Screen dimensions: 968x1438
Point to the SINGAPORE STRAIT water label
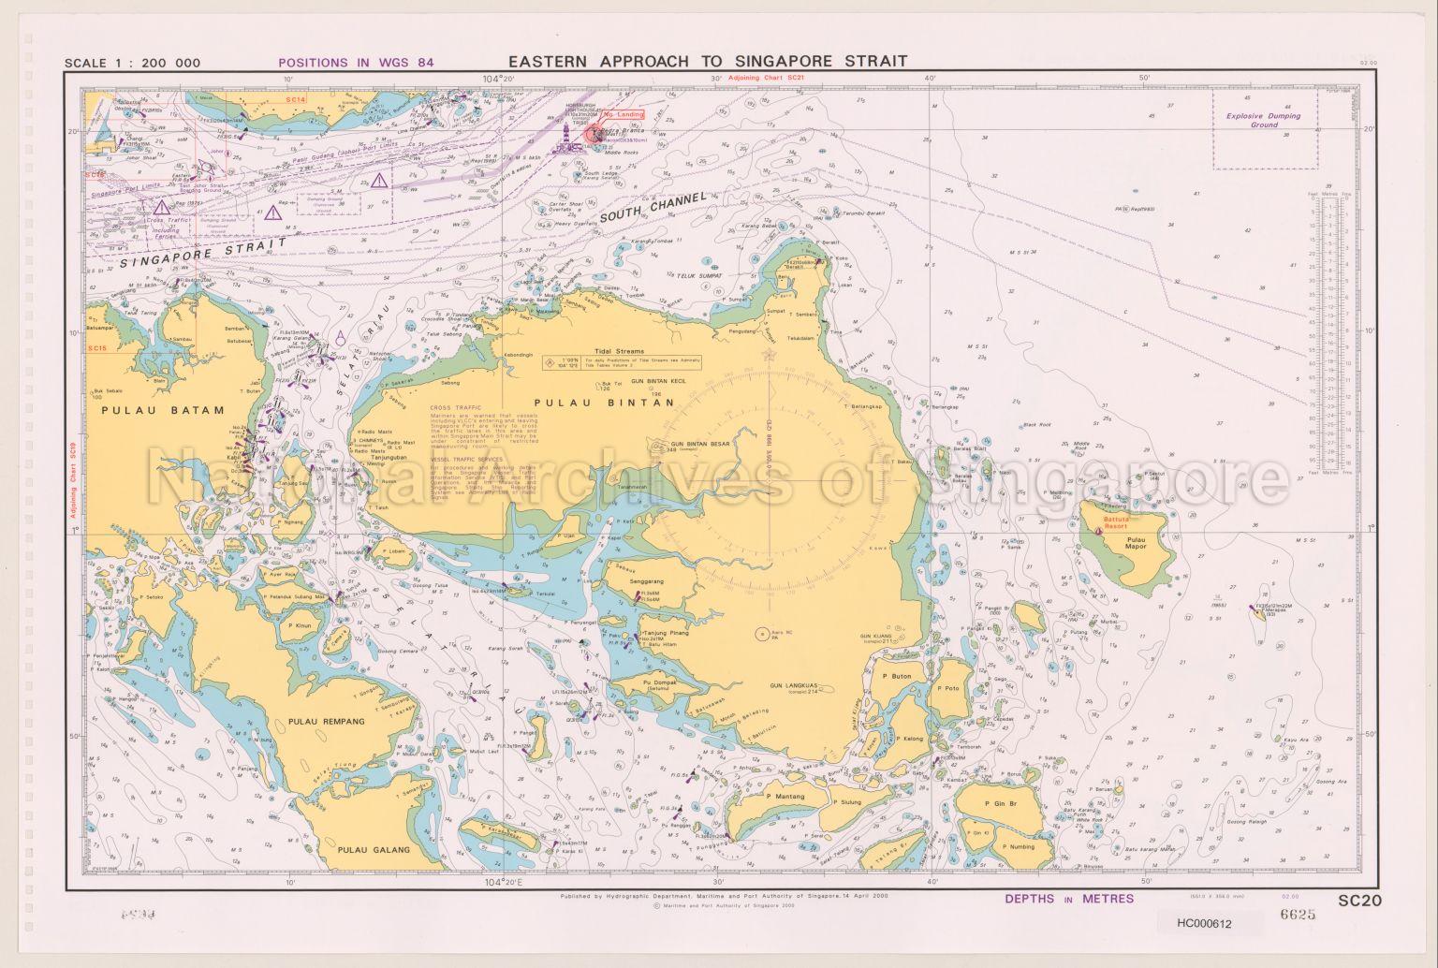pos(203,253)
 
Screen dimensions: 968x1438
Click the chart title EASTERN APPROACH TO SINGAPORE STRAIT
pos(707,61)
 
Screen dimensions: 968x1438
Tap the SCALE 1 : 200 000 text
pos(132,65)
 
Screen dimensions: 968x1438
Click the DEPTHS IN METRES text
pos(1068,899)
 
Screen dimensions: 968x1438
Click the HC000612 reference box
pos(1206,922)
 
